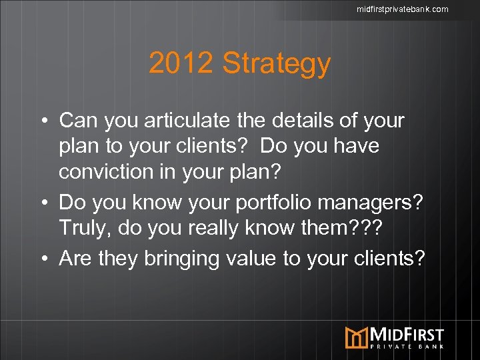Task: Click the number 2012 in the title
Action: click(x=181, y=64)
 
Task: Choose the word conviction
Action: click(x=111, y=171)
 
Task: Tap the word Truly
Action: click(x=85, y=229)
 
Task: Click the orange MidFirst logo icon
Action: click(x=356, y=337)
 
